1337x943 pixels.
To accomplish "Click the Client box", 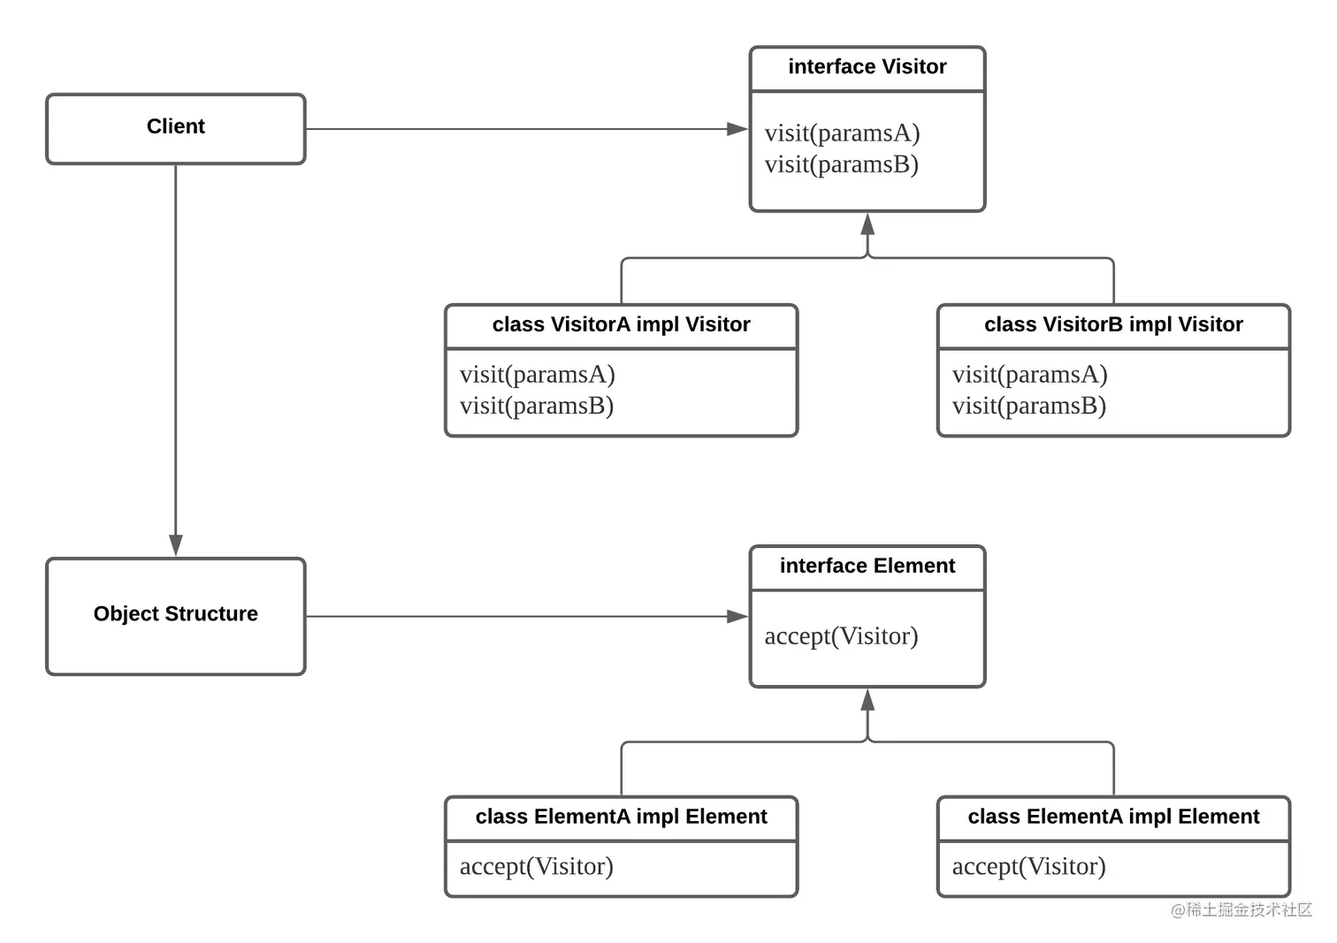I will point(175,128).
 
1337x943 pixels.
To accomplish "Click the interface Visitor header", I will point(867,67).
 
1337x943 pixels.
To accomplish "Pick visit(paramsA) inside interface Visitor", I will point(842,133).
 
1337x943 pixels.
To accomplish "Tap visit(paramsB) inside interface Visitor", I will point(841,164).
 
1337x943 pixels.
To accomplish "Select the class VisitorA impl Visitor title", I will point(621,325).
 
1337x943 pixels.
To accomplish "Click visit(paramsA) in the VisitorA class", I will point(537,375).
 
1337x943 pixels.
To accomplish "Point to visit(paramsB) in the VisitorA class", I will point(536,406).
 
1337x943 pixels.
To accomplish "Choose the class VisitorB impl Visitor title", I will point(1113,325).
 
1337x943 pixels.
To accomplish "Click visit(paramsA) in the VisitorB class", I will point(1029,375).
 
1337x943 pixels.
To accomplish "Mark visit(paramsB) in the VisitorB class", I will point(1028,406).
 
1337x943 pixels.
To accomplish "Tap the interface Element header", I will point(867,567).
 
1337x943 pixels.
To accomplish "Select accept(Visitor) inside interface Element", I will point(841,636).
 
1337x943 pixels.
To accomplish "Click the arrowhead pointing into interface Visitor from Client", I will point(737,129).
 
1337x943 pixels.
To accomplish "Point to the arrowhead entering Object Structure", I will point(176,544).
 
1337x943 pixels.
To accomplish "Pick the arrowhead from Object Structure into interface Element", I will point(737,616).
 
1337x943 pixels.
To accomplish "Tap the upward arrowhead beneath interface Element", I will point(867,700).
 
